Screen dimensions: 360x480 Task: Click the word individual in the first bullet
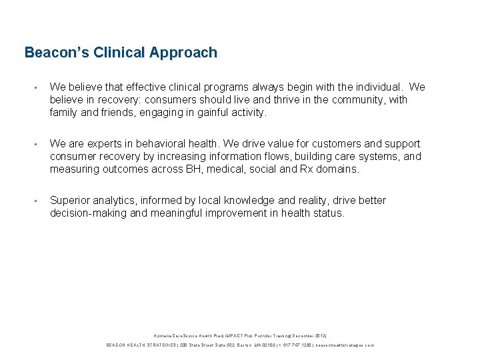click(380, 87)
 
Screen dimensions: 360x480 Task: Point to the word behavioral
click(179, 144)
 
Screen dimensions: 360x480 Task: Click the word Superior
click(73, 201)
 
